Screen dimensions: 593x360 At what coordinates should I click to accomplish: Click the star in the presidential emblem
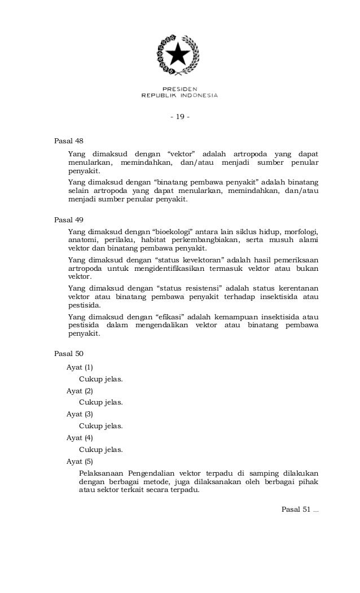pos(179,54)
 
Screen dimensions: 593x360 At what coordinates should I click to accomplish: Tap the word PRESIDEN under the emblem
pos(179,89)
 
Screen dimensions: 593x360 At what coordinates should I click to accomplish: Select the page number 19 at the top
pos(180,117)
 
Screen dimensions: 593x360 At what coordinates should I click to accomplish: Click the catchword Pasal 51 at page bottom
pos(299,511)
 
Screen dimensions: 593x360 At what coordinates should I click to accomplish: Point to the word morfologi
pos(300,231)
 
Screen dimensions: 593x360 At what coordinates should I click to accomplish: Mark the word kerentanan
pos(295,288)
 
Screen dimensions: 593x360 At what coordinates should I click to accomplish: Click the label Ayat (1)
pos(80,367)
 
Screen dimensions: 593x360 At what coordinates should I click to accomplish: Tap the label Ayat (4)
pos(80,438)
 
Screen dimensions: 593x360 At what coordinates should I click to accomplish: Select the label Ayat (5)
pos(80,462)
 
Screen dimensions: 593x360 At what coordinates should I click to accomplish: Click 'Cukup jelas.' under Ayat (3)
pos(101,426)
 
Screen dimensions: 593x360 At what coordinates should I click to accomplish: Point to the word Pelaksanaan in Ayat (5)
pos(101,473)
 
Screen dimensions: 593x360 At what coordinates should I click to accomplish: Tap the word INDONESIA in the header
pos(200,95)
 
